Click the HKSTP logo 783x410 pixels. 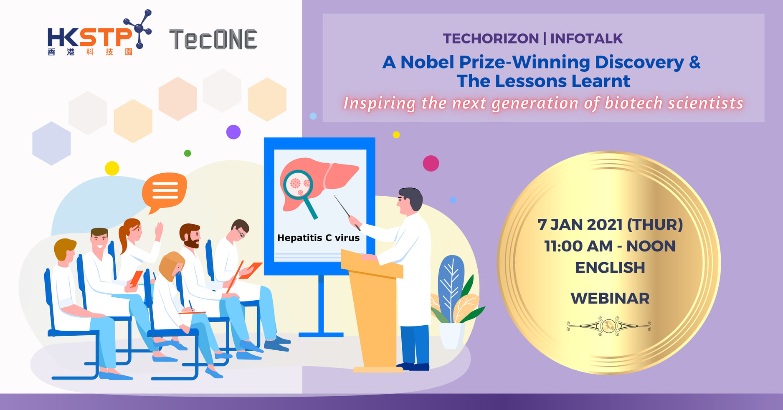pos(99,33)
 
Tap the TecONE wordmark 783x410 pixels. pos(213,40)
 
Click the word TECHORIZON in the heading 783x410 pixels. pos(491,38)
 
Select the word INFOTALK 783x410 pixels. pos(586,38)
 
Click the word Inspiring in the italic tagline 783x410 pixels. pos(380,103)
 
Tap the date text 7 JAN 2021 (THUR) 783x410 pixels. pos(610,225)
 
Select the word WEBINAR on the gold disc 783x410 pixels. pos(610,299)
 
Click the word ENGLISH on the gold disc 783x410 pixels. pos(610,268)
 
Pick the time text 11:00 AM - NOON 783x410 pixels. pos(610,246)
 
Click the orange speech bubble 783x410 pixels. pos(164,192)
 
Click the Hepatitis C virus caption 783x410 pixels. pos(318,238)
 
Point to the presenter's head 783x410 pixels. pos(409,201)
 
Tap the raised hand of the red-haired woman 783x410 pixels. pos(159,231)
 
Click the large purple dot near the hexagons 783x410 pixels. pos(233,132)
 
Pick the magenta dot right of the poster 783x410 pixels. pos(431,163)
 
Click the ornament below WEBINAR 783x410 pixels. pos(608,325)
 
